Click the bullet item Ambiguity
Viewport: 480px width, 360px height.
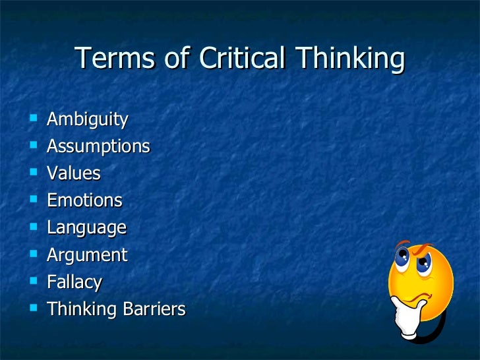click(x=87, y=120)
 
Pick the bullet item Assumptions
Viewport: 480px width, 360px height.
click(x=98, y=147)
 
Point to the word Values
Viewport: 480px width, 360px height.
click(x=73, y=173)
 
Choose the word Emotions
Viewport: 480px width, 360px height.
click(x=84, y=200)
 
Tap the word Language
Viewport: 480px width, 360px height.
click(x=86, y=228)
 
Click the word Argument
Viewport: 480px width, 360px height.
click(x=87, y=255)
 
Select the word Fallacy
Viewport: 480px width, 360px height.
click(x=75, y=283)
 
